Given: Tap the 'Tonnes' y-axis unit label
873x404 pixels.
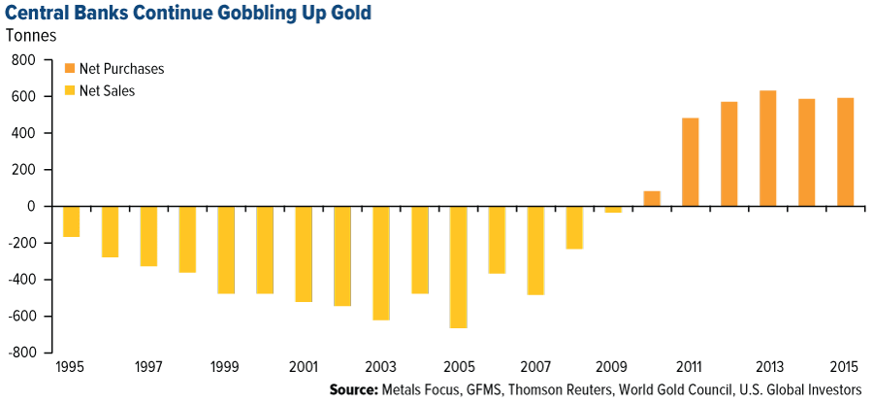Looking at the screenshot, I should point(31,38).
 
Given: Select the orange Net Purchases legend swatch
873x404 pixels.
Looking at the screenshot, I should point(70,69).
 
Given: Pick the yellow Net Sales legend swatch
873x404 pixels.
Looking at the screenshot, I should point(70,91).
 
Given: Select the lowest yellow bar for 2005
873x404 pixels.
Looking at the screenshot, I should point(458,267).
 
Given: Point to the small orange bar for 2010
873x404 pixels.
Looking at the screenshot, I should point(652,199).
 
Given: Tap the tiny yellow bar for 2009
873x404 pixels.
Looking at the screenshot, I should point(613,210).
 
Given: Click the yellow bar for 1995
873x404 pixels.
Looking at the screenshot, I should point(71,221).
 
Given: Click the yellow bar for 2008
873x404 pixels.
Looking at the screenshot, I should point(574,227).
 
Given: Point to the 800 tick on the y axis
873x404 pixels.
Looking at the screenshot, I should point(23,60).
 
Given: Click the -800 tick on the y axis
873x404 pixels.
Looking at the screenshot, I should point(21,353).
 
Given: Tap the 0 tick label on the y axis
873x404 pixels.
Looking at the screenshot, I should point(33,207).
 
